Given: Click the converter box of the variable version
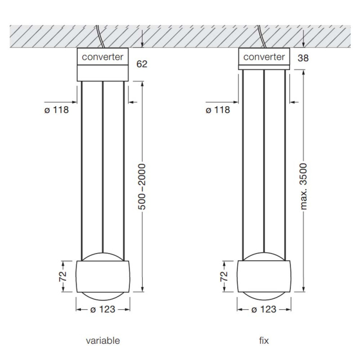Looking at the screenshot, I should tap(103, 57).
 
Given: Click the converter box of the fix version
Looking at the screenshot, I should tap(264, 57).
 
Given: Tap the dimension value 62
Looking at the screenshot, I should tap(142, 64).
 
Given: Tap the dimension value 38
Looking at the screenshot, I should tap(303, 58).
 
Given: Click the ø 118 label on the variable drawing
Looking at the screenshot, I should tap(57, 110).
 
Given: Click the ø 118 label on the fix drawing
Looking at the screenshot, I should tap(218, 110).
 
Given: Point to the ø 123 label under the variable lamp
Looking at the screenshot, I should tap(103, 310).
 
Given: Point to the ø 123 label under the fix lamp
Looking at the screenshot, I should tap(264, 310).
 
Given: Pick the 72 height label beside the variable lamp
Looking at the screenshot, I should tap(63, 276).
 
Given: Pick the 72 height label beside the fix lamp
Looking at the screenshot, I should tap(224, 276).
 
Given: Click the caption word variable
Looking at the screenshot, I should tap(103, 340).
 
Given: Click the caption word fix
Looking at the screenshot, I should tap(264, 340).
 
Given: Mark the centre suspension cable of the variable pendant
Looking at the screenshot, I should tap(103, 166).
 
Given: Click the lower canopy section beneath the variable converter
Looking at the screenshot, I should tap(103, 73).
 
